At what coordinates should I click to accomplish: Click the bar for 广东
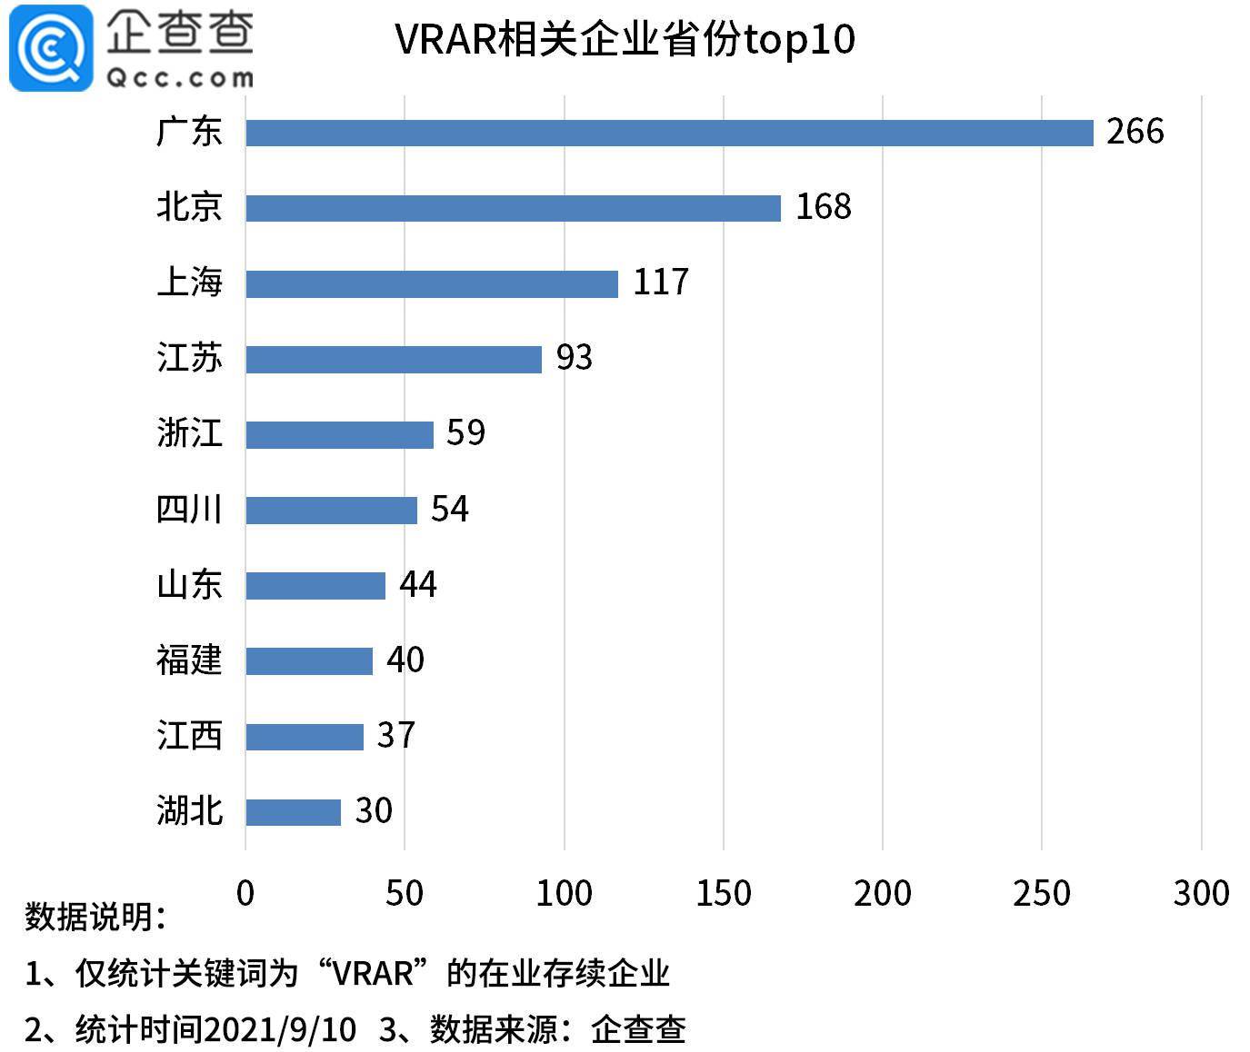coord(669,133)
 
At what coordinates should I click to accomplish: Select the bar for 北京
coord(513,208)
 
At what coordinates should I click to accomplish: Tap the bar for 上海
coord(432,283)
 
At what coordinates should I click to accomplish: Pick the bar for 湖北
coord(293,811)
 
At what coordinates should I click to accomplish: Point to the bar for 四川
coord(331,510)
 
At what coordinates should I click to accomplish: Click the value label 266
coord(1135,132)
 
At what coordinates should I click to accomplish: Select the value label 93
coord(574,358)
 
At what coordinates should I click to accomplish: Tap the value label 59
coord(465,433)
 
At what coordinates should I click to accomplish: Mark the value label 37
coord(395,735)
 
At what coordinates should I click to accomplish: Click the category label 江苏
coord(189,358)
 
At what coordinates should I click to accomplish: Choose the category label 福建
coord(189,660)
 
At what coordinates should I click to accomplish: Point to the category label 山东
coord(189,584)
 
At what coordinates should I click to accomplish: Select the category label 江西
coord(189,735)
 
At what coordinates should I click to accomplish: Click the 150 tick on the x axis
coord(724,893)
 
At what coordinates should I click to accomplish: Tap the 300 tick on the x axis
coord(1201,893)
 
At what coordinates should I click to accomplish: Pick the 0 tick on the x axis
coord(245,893)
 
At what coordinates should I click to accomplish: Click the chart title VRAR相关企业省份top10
coord(625,40)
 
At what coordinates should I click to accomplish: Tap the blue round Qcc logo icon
coord(51,47)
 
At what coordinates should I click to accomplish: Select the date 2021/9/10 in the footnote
coord(280,1029)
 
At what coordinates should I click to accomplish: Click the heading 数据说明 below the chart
coord(95,917)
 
